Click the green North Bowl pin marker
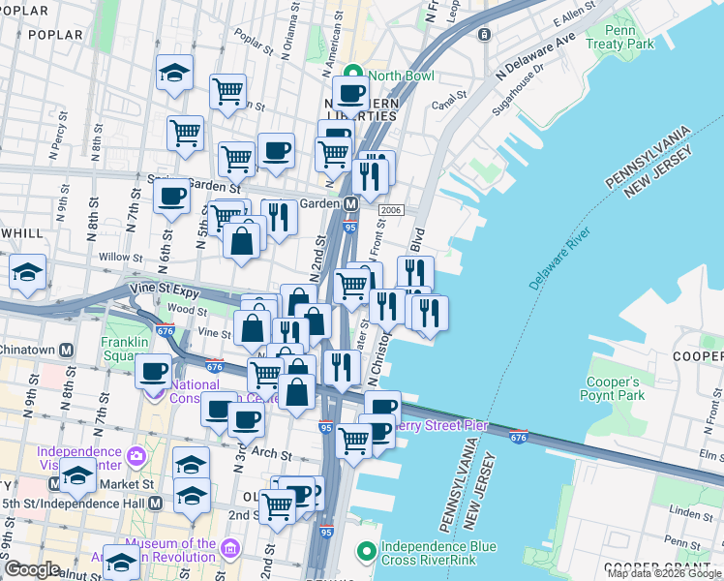pos(354,73)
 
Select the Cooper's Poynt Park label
pos(612,388)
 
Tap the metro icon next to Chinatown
pos(67,350)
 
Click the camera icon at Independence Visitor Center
pos(136,454)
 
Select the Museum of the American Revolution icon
pos(230,549)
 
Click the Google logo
pos(32,569)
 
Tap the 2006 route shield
pos(391,210)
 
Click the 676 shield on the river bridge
pos(519,437)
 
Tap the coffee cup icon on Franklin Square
pos(153,371)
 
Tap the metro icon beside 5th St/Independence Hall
pos(156,504)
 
